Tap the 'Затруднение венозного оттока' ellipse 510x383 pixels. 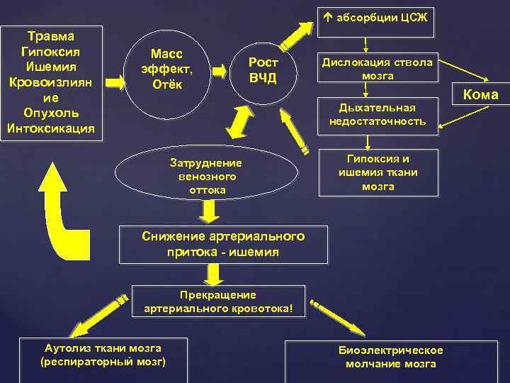[x=206, y=174]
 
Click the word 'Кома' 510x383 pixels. [x=480, y=94]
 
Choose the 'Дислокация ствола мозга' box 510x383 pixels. [x=378, y=69]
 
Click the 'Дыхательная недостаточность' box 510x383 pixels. [x=378, y=114]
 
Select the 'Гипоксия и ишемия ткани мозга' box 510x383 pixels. [x=378, y=173]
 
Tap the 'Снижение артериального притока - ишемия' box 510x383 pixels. [x=224, y=244]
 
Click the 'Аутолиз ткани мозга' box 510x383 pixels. [x=103, y=357]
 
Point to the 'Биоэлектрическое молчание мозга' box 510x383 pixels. [x=391, y=358]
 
